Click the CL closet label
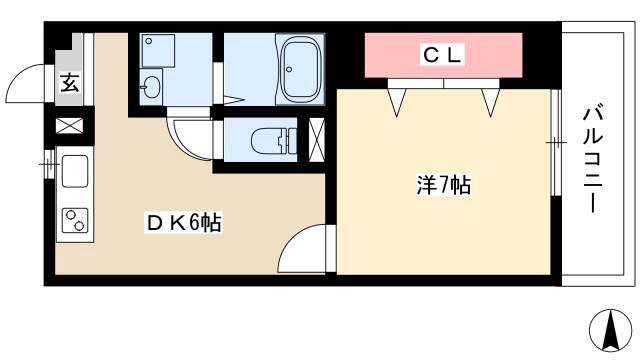(x=442, y=56)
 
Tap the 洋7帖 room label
(x=444, y=185)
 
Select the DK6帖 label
(x=184, y=223)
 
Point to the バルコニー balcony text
(x=593, y=160)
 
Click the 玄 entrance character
(x=70, y=83)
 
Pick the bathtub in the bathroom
(x=300, y=70)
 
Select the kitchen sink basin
(x=75, y=171)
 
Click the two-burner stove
(x=75, y=220)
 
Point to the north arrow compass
(x=611, y=331)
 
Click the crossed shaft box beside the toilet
(x=317, y=139)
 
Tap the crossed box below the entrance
(x=69, y=125)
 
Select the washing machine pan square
(x=158, y=51)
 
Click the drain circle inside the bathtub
(x=289, y=69)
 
